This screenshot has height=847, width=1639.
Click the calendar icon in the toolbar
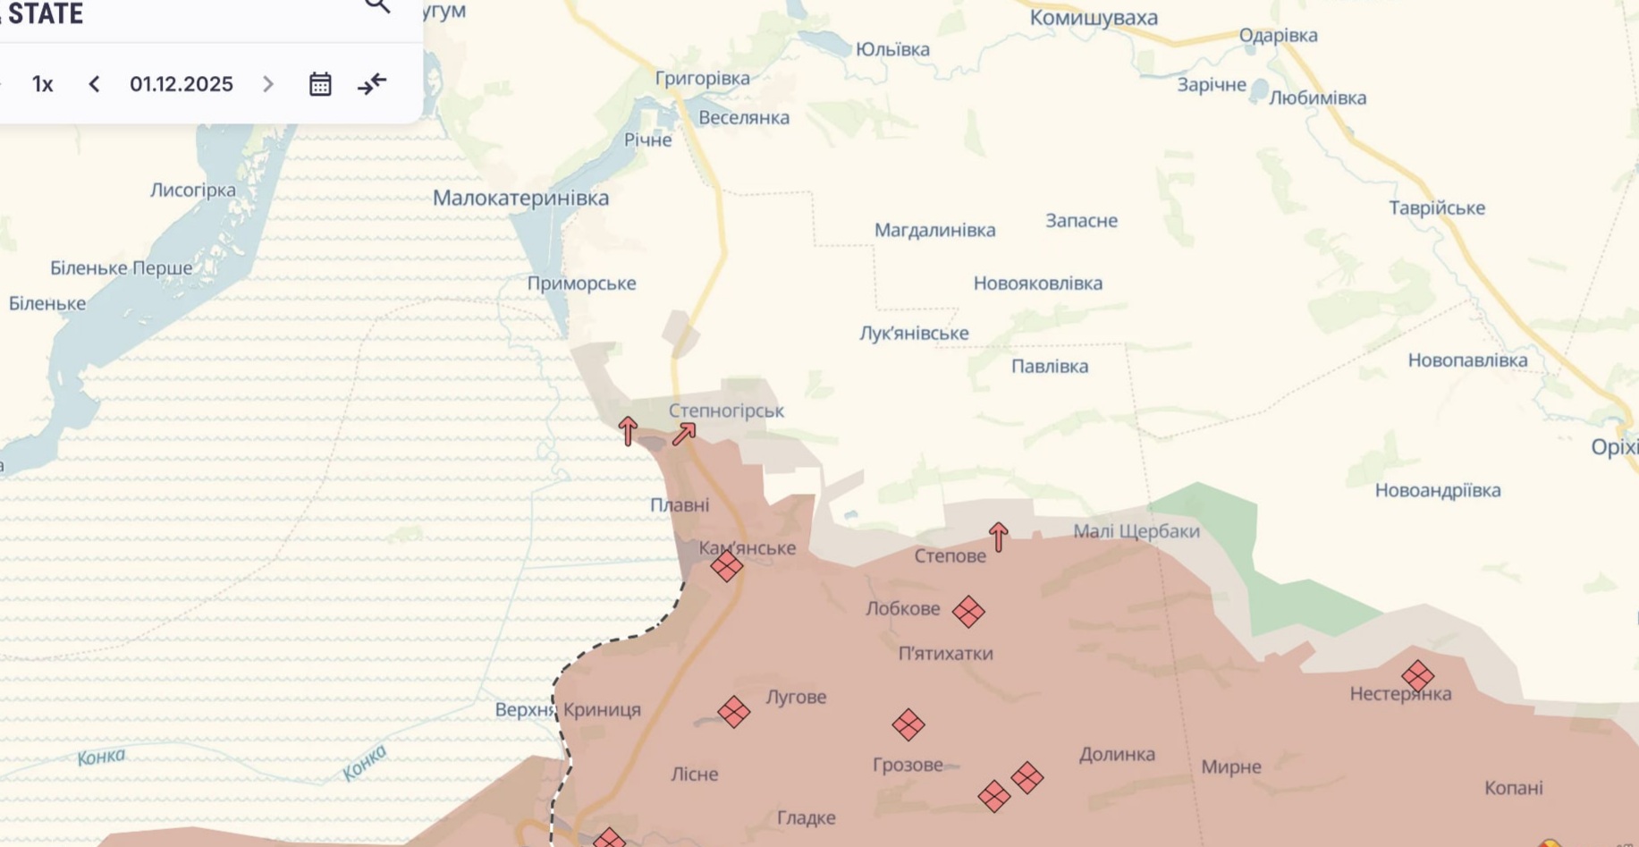pyautogui.click(x=320, y=84)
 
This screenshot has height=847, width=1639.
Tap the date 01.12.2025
pyautogui.click(x=182, y=84)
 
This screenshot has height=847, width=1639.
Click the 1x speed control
pyautogui.click(x=42, y=84)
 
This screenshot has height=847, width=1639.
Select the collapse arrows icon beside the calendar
pyautogui.click(x=372, y=84)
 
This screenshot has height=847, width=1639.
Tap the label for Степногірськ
pyautogui.click(x=726, y=411)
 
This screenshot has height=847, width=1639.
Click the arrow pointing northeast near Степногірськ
pyautogui.click(x=684, y=435)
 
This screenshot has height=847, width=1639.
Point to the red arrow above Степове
pyautogui.click(x=999, y=537)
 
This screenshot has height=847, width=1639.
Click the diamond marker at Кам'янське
pyautogui.click(x=727, y=565)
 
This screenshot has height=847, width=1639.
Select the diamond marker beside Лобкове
pyautogui.click(x=968, y=612)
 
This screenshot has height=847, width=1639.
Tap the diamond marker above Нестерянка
pyautogui.click(x=1418, y=675)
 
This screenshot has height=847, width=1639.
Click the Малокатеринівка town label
pyautogui.click(x=520, y=198)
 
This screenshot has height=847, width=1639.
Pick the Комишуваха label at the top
pyautogui.click(x=1094, y=18)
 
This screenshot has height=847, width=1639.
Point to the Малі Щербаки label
pyautogui.click(x=1136, y=531)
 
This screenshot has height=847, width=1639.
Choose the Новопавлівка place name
pyautogui.click(x=1467, y=360)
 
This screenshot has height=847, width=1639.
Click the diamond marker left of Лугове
pyautogui.click(x=734, y=712)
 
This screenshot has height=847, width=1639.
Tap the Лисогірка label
pyautogui.click(x=193, y=190)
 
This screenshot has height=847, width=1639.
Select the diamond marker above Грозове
pyautogui.click(x=908, y=724)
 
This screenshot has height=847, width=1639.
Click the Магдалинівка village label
pyautogui.click(x=934, y=230)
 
